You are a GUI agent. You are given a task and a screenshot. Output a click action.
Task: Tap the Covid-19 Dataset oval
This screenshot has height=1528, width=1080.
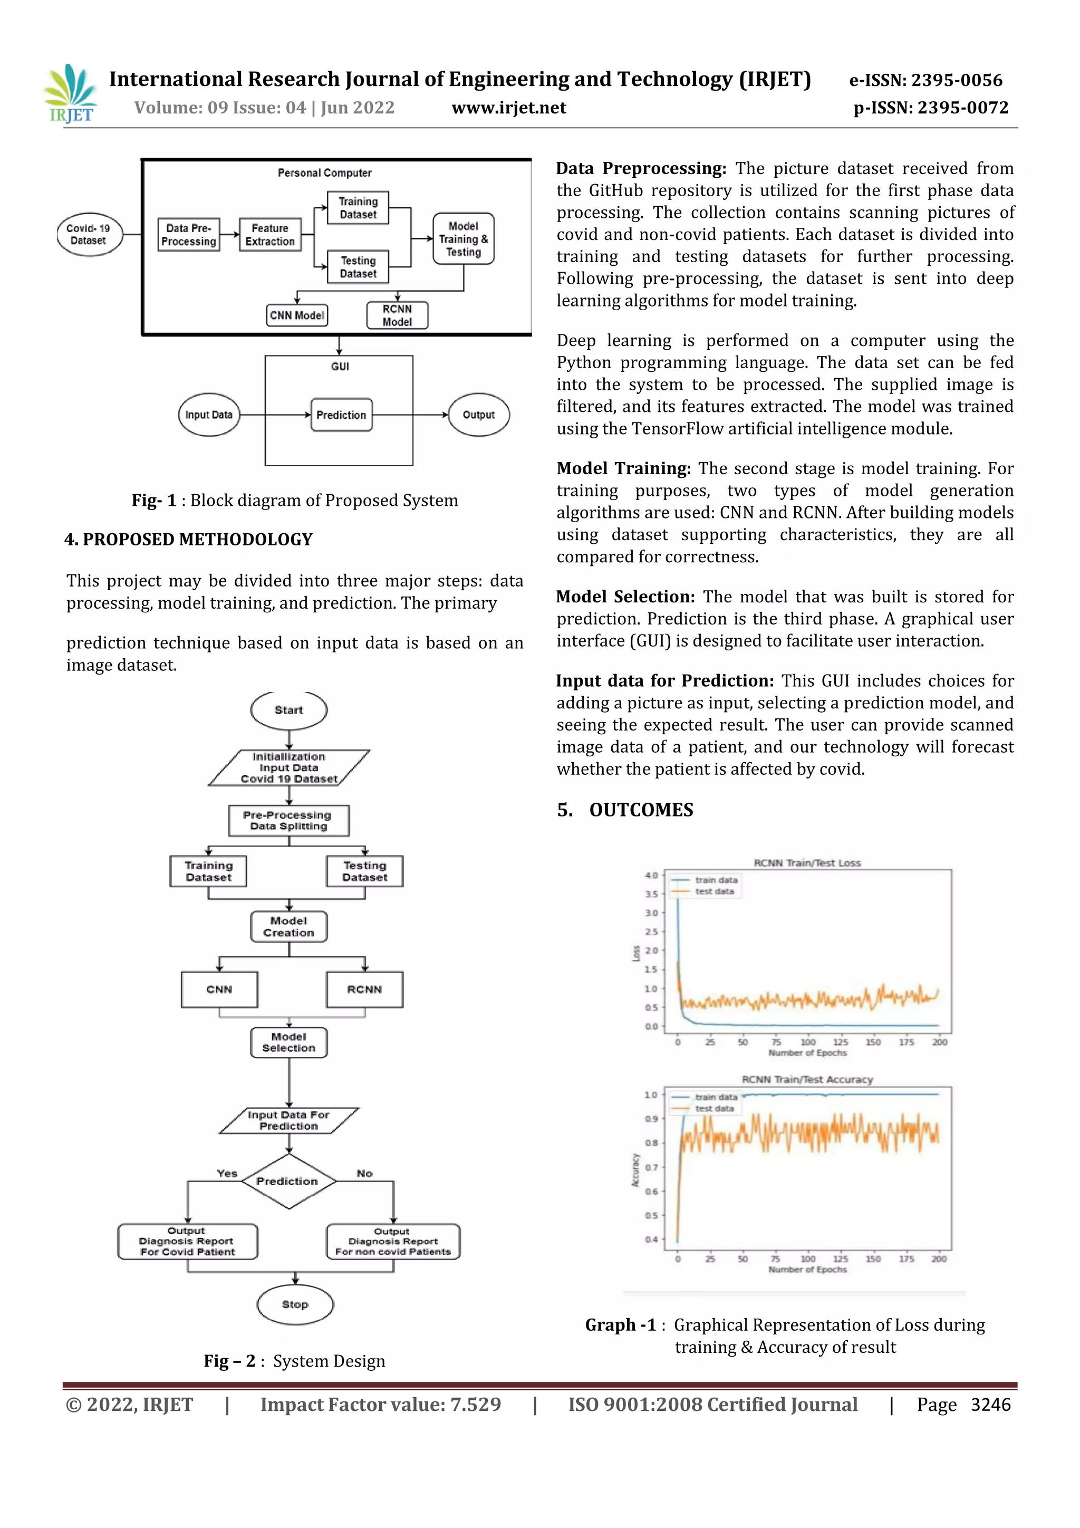coord(89,235)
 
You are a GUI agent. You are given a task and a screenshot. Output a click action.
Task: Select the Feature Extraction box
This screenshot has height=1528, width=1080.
coord(270,235)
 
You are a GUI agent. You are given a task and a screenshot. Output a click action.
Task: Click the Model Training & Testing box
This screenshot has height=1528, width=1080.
coord(463,239)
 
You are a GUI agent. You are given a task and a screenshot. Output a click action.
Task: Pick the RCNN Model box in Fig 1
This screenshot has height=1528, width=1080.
coord(397,315)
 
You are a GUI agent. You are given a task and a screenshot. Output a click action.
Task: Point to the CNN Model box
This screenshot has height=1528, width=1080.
coord(297,315)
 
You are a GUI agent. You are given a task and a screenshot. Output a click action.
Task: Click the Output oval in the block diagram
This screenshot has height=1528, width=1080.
coord(478,415)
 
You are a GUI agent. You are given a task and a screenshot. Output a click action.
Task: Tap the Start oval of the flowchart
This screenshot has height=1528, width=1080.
coord(289,710)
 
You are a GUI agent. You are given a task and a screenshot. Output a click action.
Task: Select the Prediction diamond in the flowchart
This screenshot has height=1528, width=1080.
coord(288,1181)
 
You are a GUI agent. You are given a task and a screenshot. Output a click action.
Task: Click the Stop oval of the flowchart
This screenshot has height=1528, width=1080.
coord(295,1304)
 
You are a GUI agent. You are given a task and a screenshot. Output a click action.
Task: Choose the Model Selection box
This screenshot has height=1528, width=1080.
coord(289,1042)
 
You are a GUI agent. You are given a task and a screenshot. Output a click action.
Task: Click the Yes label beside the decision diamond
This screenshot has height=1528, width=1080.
coord(227,1173)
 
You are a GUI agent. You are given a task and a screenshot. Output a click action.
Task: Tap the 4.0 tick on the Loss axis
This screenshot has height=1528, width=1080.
coord(651,875)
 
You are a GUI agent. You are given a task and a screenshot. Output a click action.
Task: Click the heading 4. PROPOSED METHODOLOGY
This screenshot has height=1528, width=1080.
coord(188,540)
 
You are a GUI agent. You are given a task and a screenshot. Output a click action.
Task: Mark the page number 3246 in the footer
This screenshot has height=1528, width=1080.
coord(990,1405)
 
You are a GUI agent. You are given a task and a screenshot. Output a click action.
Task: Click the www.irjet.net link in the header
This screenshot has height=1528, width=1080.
coord(508,108)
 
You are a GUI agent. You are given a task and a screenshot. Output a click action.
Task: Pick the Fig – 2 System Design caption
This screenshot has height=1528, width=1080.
coord(294,1361)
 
